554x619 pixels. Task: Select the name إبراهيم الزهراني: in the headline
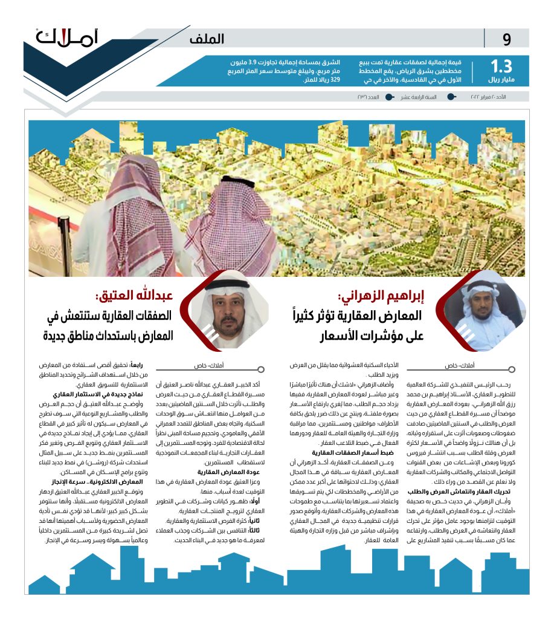pyautogui.click(x=381, y=297)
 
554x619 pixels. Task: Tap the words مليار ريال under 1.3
pyautogui.click(x=501, y=80)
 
